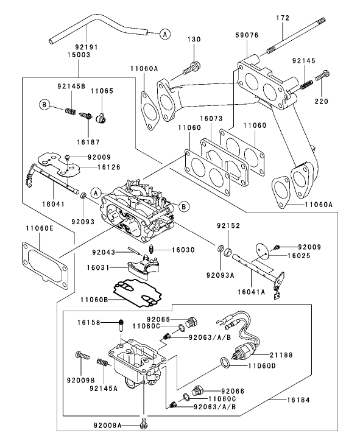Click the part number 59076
[x=248, y=35]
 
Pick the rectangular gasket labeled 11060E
[x=43, y=264]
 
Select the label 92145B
[x=72, y=86]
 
